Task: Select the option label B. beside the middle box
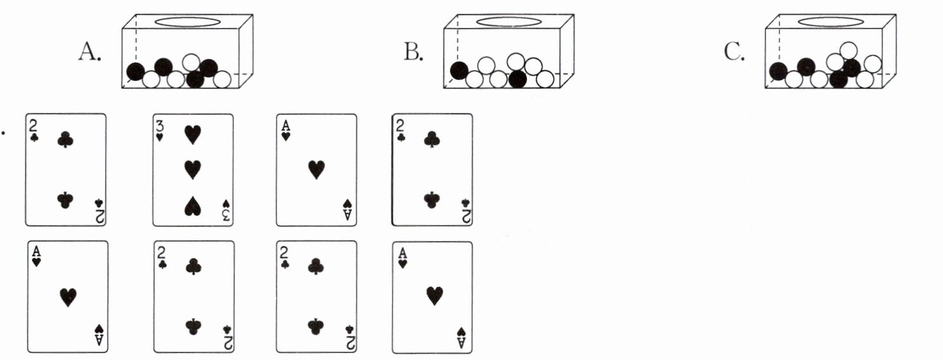click(x=413, y=52)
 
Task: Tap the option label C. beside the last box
click(x=735, y=52)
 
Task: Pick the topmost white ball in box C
click(x=848, y=50)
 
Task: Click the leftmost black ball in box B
click(x=459, y=70)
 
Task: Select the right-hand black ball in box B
click(x=517, y=79)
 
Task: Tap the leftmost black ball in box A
click(x=136, y=71)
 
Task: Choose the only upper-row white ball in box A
click(x=192, y=62)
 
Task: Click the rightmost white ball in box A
click(x=222, y=80)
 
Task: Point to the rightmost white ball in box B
click(x=545, y=79)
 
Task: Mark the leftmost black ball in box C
click(x=777, y=71)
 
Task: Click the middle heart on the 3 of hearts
click(x=190, y=169)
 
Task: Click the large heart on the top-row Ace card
click(x=316, y=169)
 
